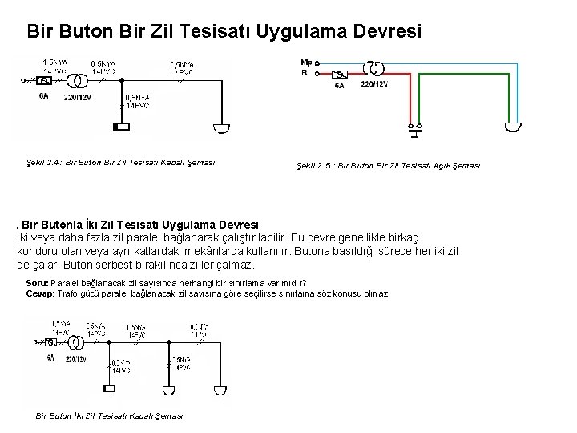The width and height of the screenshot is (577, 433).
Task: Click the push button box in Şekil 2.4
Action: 121,127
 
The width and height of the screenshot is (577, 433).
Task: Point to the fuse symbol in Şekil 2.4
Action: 45,81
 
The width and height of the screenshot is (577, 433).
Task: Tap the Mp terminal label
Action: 305,62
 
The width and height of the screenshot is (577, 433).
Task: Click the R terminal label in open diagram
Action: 305,73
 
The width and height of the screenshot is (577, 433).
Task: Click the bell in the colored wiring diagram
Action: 512,127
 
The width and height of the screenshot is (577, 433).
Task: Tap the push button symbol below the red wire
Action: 416,127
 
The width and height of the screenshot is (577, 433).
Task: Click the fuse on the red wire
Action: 340,74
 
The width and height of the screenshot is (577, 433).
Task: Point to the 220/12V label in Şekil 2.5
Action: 375,85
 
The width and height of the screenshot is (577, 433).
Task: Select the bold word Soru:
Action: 37,283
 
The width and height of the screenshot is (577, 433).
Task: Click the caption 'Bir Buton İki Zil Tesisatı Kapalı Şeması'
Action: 110,415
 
